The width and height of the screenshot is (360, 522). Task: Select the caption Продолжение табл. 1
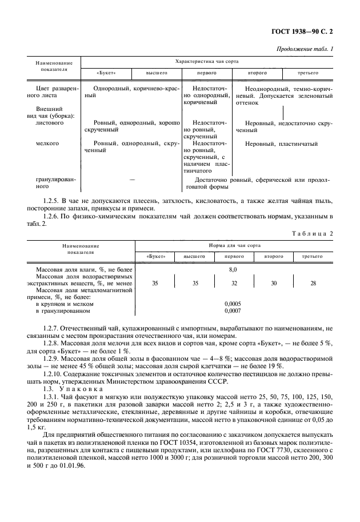pos(305,49)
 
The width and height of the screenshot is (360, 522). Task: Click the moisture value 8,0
pos(233,268)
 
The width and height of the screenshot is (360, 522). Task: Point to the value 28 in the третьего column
pos(313,282)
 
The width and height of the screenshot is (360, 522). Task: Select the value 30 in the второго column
pos(273,282)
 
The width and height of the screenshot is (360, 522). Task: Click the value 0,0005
pos(233,304)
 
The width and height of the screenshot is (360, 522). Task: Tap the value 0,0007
pos(233,311)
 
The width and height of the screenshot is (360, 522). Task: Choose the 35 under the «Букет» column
pos(155,282)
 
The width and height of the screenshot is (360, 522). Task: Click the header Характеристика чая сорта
pos(207,61)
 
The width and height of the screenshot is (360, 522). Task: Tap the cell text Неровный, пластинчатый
pos(281,144)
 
